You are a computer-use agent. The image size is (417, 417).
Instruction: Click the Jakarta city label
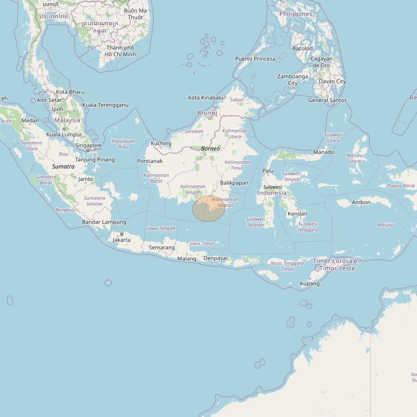coord(122,240)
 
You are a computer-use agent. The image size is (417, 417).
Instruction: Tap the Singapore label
coord(88,145)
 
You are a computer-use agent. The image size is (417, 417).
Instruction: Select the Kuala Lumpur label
coord(64,135)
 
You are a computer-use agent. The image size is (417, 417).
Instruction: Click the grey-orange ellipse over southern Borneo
coord(208,208)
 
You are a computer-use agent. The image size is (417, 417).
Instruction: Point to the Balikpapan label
coord(234,182)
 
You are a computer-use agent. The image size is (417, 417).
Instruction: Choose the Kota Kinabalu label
coord(206,98)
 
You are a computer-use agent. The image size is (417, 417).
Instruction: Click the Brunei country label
coord(207,113)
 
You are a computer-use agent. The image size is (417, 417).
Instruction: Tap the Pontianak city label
coord(150,161)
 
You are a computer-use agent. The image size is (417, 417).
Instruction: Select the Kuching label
coord(161,143)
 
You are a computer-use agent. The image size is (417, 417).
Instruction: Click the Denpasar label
coord(216,258)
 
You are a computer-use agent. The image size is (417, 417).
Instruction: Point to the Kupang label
coord(310,283)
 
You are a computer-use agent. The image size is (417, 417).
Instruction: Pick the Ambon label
coord(361,202)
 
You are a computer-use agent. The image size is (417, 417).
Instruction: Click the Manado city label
coord(324,152)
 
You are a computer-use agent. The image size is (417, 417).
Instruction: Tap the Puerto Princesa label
coord(255,59)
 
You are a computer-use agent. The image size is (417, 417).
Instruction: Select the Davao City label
coord(332,81)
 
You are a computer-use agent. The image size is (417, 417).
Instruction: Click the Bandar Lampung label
coord(104,222)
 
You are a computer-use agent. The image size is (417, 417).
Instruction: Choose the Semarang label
coord(162,247)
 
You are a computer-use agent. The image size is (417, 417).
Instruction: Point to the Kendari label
coord(298,213)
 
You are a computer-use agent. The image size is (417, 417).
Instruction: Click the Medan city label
coord(30,120)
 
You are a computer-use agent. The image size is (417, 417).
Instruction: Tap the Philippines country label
coord(296,14)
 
